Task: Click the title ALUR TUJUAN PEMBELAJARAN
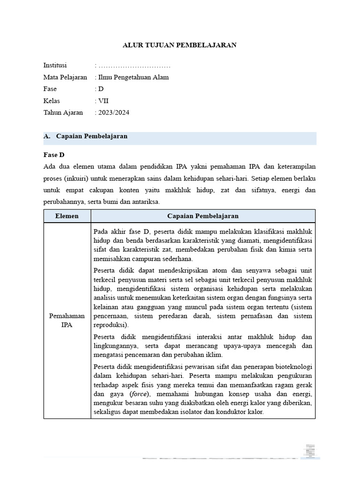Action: pos(180,45)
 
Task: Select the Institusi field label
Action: pos(55,65)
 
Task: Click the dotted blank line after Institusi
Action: pos(134,66)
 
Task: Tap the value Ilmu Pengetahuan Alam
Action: pos(133,77)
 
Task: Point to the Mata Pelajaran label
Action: pos(65,77)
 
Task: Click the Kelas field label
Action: pos(52,101)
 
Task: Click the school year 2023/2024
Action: pos(113,112)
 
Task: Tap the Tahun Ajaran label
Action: pos(63,112)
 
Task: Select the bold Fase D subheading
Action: pos(54,155)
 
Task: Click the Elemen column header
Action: pos(67,216)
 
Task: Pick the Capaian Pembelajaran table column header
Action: pos(203,216)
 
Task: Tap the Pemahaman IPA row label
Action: pos(67,321)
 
